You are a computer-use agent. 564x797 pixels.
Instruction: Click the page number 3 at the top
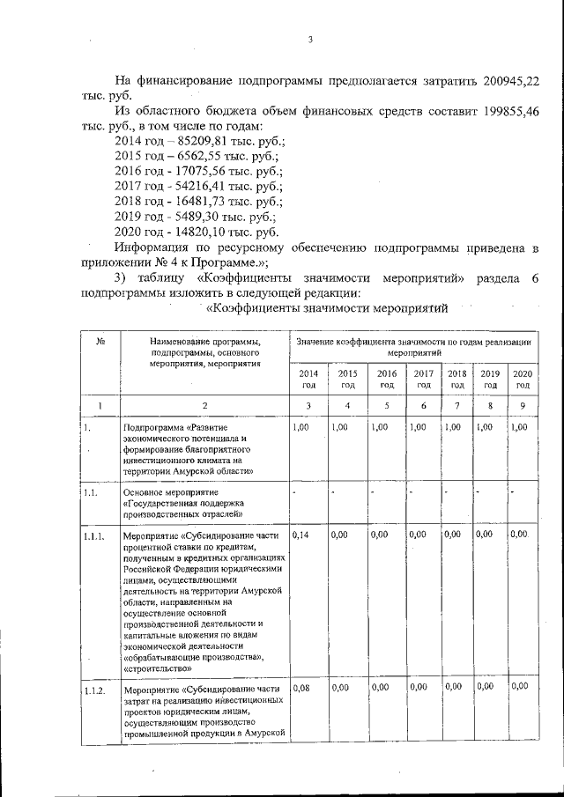[311, 39]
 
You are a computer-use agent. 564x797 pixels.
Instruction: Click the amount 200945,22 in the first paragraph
[502, 81]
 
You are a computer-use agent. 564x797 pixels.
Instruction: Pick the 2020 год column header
[523, 379]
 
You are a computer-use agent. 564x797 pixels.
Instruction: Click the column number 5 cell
[386, 405]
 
